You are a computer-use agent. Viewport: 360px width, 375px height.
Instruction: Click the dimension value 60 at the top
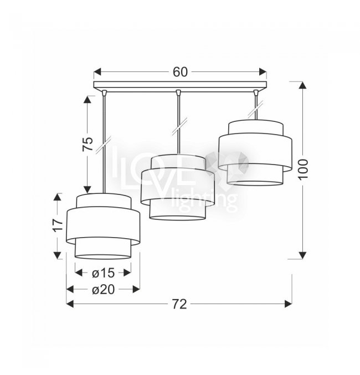180,72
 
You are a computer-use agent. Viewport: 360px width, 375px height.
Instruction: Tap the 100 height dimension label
303,169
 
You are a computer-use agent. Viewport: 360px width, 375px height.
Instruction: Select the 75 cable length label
88,144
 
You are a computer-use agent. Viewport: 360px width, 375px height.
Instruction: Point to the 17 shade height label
58,225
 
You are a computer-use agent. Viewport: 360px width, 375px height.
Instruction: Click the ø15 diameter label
103,273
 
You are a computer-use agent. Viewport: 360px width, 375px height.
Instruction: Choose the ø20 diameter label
104,290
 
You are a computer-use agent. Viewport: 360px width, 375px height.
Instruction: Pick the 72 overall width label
179,304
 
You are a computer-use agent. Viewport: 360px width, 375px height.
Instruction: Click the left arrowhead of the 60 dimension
97,71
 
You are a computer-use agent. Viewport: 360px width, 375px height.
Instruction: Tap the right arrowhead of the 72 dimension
288,304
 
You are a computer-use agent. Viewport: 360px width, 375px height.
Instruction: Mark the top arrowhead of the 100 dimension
302,85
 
